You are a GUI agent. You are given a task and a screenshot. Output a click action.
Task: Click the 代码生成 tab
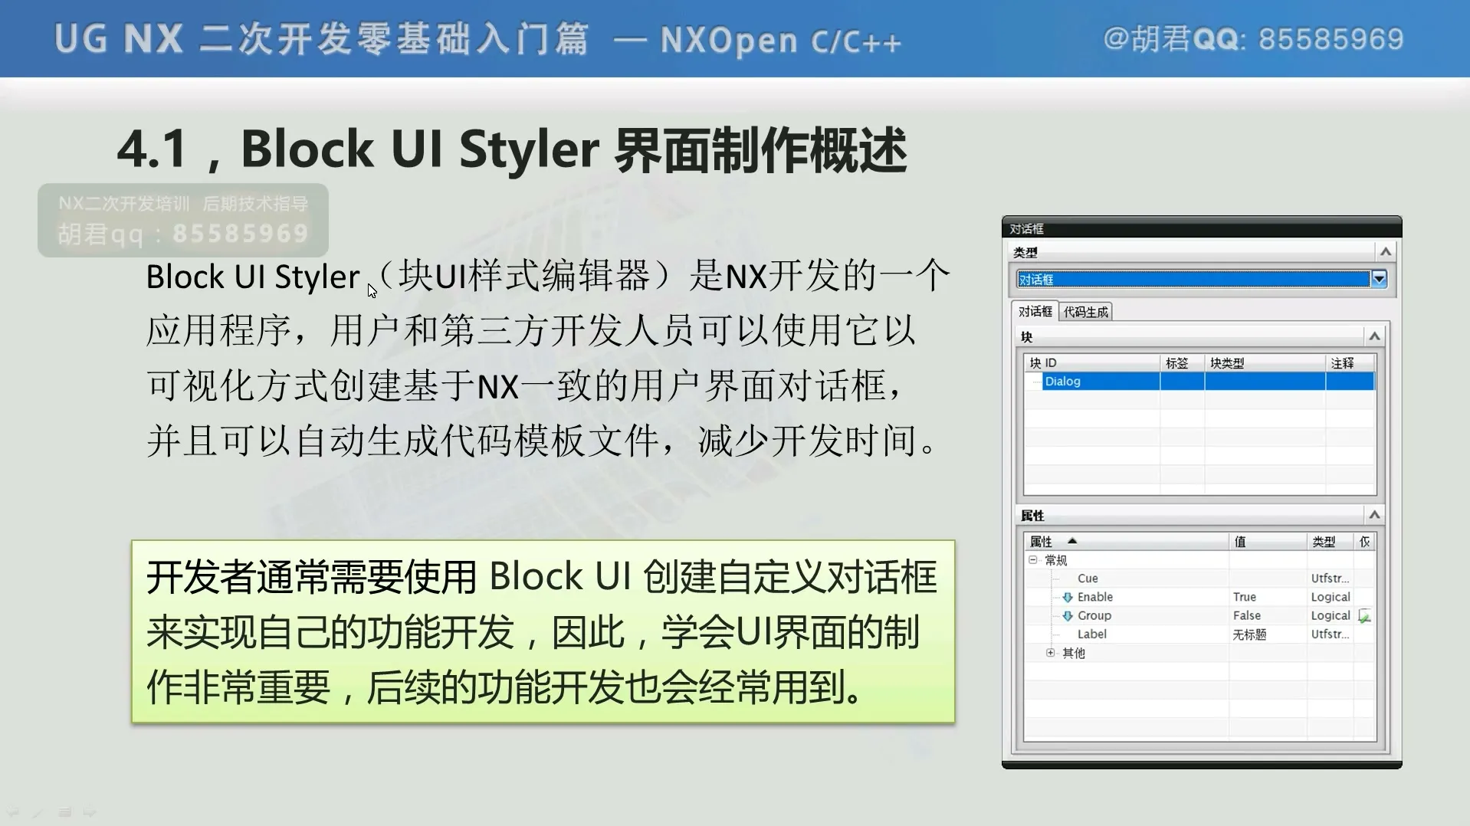pos(1085,312)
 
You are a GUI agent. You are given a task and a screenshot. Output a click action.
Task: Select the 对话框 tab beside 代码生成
pos(1035,311)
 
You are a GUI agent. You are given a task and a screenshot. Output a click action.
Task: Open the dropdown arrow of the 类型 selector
pos(1380,279)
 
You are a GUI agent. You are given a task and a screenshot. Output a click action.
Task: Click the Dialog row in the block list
pos(1062,382)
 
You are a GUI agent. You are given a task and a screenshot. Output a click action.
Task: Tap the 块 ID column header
pos(1043,363)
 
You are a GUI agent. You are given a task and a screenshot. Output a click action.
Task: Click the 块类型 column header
pos(1227,363)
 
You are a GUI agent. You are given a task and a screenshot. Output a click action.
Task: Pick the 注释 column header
pos(1342,363)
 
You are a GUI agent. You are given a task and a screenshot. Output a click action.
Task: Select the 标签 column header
pos(1176,363)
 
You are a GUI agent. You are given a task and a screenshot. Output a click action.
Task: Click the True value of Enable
pos(1245,597)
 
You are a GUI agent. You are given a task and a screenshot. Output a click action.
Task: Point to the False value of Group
pos(1247,615)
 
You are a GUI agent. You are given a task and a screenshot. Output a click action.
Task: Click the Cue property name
pos(1088,579)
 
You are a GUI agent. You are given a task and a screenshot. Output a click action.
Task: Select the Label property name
pos(1091,634)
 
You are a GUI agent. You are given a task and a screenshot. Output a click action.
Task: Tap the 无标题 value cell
pos(1249,634)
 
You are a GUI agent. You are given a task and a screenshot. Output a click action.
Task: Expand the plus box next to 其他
pos(1051,653)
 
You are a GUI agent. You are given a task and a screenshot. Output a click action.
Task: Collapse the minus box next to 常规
pos(1033,560)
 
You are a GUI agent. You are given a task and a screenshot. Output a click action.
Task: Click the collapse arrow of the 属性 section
pos(1375,515)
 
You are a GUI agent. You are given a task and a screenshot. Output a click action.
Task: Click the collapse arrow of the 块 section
pos(1375,336)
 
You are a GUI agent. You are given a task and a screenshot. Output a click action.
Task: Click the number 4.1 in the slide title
pos(152,149)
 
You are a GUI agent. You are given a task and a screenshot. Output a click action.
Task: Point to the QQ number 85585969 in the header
pos(1331,39)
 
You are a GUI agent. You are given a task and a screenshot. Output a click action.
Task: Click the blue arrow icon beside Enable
pos(1067,597)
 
